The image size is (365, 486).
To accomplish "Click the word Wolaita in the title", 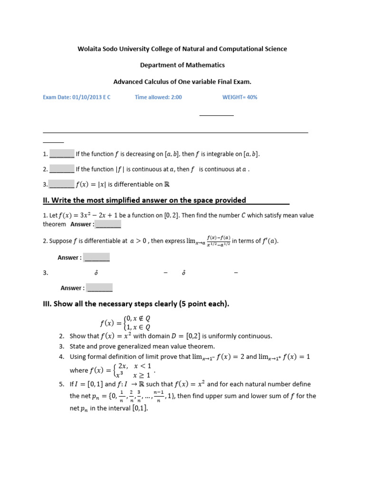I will (89, 49).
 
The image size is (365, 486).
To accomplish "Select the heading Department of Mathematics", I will (182, 65).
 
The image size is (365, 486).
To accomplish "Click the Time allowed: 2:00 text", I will (158, 97).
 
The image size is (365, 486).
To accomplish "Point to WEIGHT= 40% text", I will (240, 97).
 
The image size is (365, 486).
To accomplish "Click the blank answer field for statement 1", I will (62, 154).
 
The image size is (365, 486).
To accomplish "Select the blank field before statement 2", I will (62, 169).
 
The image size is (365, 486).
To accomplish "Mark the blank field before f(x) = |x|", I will (62, 184).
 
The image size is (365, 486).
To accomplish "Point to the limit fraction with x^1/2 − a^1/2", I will (219, 241).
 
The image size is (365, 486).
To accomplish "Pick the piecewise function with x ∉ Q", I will (126, 323).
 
